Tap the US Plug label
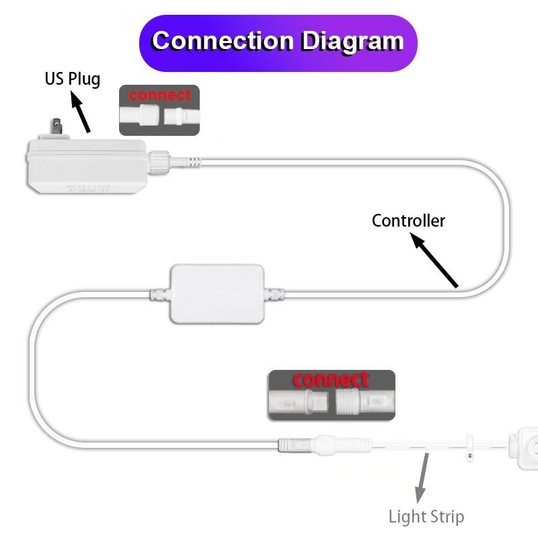tap(73, 79)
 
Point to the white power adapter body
tap(84, 165)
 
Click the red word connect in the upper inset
tap(159, 95)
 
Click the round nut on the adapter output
tap(161, 161)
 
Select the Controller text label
tap(408, 221)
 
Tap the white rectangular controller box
tap(217, 293)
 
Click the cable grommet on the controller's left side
tap(159, 294)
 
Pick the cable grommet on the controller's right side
tap(274, 294)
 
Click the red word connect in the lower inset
tap(331, 380)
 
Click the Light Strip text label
tap(426, 517)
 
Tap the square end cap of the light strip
tap(522, 444)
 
